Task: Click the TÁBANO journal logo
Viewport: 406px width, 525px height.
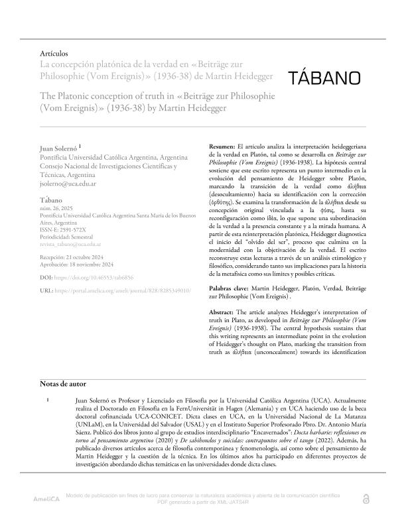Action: [x=326, y=78]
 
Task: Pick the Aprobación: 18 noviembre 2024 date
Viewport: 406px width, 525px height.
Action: [x=80, y=264]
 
